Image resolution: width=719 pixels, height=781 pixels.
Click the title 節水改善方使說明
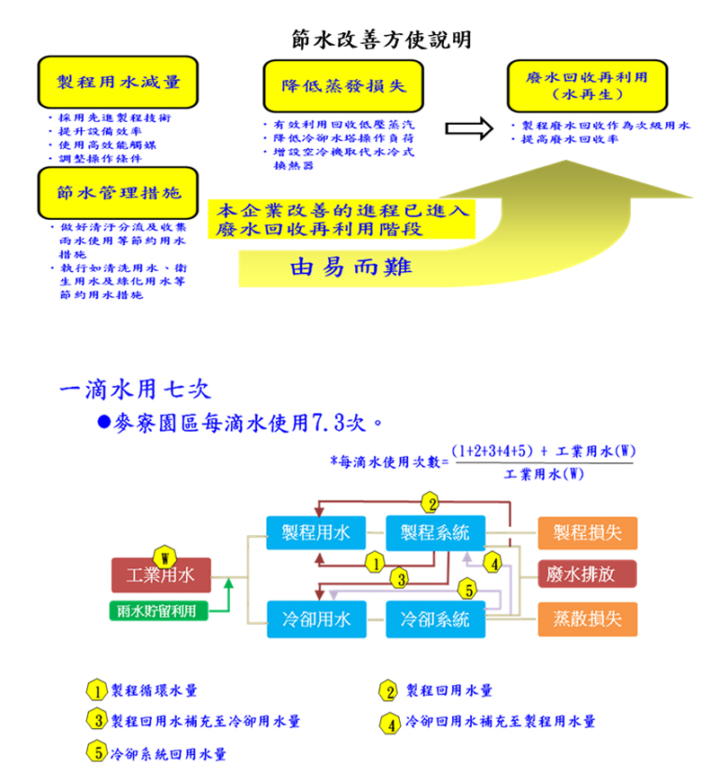tap(382, 40)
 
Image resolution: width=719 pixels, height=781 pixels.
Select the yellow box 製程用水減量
tap(119, 83)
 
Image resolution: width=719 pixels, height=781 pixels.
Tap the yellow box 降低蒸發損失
tap(345, 86)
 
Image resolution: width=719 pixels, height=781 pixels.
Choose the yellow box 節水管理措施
tap(119, 192)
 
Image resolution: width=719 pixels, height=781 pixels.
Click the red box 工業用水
tap(160, 575)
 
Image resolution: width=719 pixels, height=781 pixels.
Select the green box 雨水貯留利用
tap(158, 610)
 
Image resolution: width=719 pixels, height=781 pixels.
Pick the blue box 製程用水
tap(315, 532)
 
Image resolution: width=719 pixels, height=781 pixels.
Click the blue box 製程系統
tap(434, 532)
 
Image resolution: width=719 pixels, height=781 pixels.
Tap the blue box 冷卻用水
tap(315, 619)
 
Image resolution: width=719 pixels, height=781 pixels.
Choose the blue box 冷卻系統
tap(434, 619)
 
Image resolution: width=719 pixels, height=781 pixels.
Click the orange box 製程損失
tap(587, 532)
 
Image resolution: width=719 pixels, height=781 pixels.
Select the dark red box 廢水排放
tap(587, 575)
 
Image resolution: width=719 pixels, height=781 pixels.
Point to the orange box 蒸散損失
tap(587, 619)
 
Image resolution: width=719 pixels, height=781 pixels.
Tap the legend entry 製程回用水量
tap(448, 690)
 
